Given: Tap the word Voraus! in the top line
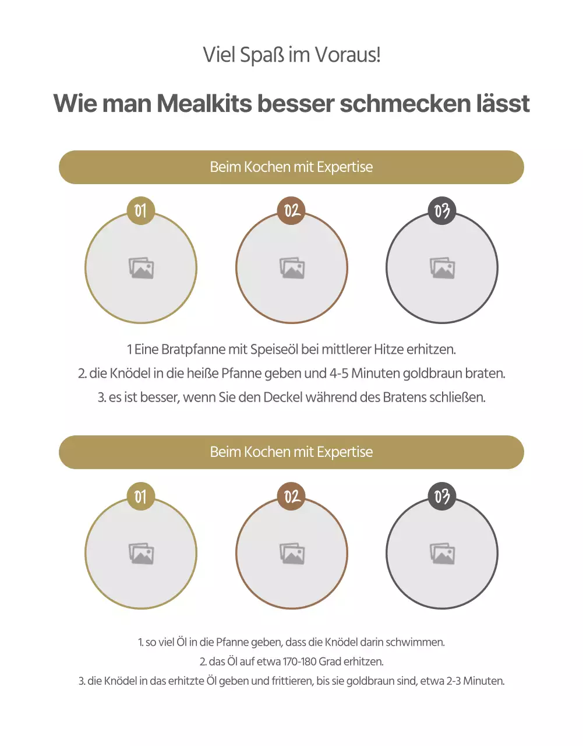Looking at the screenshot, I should pos(348,55).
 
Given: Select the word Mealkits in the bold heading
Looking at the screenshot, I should pos(204,104).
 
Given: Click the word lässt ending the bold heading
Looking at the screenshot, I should pos(503,104).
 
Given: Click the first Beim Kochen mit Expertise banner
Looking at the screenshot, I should pos(291,167).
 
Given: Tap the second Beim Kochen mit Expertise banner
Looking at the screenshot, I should pos(291,452).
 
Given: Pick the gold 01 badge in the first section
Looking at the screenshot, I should pos(141,210).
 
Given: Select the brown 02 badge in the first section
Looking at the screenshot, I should pos(292,210).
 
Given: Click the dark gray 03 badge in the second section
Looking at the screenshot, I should pos(442,497).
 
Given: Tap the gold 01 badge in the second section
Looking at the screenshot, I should pos(141,497).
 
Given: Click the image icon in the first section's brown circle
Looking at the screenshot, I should pos(292,268).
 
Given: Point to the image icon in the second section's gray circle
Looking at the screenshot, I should pos(442,554).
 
